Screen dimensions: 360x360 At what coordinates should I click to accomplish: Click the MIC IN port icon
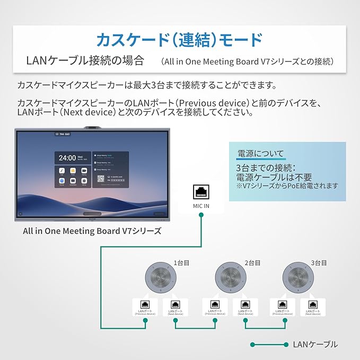pyautogui.click(x=200, y=192)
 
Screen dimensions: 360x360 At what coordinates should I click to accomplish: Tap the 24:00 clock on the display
pyautogui.click(x=67, y=157)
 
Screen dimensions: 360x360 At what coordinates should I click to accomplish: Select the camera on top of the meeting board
pyautogui.click(x=95, y=128)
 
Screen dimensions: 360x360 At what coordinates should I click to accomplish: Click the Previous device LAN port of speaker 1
pyautogui.click(x=144, y=307)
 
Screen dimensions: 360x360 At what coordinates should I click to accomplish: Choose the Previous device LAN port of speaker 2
pyautogui.click(x=215, y=307)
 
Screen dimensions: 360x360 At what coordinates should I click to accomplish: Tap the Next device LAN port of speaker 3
pyautogui.click(x=311, y=307)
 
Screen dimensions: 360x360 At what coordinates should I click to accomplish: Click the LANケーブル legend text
pyautogui.click(x=315, y=344)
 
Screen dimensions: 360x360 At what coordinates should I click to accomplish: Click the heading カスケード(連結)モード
pyautogui.click(x=179, y=39)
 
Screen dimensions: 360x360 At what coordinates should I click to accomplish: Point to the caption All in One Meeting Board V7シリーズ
pyautogui.click(x=92, y=231)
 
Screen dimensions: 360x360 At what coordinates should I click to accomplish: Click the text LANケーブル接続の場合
pyautogui.click(x=85, y=60)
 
